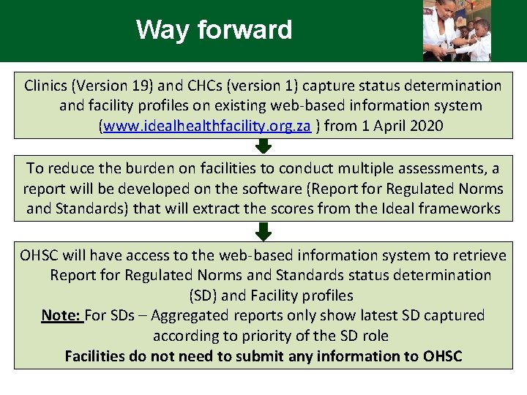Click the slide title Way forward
[x=214, y=30]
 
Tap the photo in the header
[x=457, y=31]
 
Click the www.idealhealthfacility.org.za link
[x=207, y=126]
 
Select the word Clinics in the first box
[x=45, y=86]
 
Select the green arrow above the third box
[x=263, y=232]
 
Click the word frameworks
[x=460, y=208]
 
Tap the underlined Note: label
[x=61, y=315]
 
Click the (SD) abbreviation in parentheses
[x=202, y=296]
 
